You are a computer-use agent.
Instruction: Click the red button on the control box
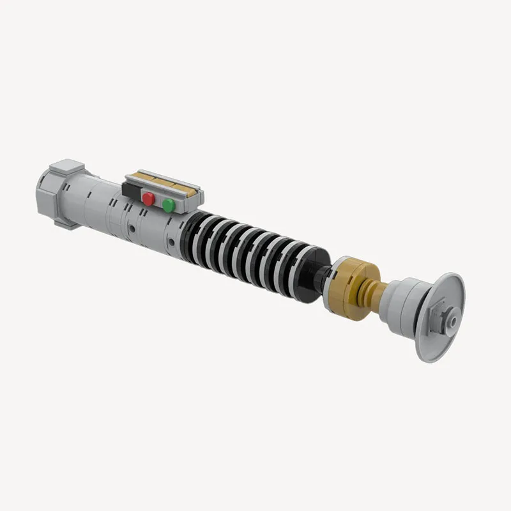point(148,199)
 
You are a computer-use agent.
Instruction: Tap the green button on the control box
point(169,205)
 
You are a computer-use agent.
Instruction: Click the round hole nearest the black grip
point(171,241)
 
